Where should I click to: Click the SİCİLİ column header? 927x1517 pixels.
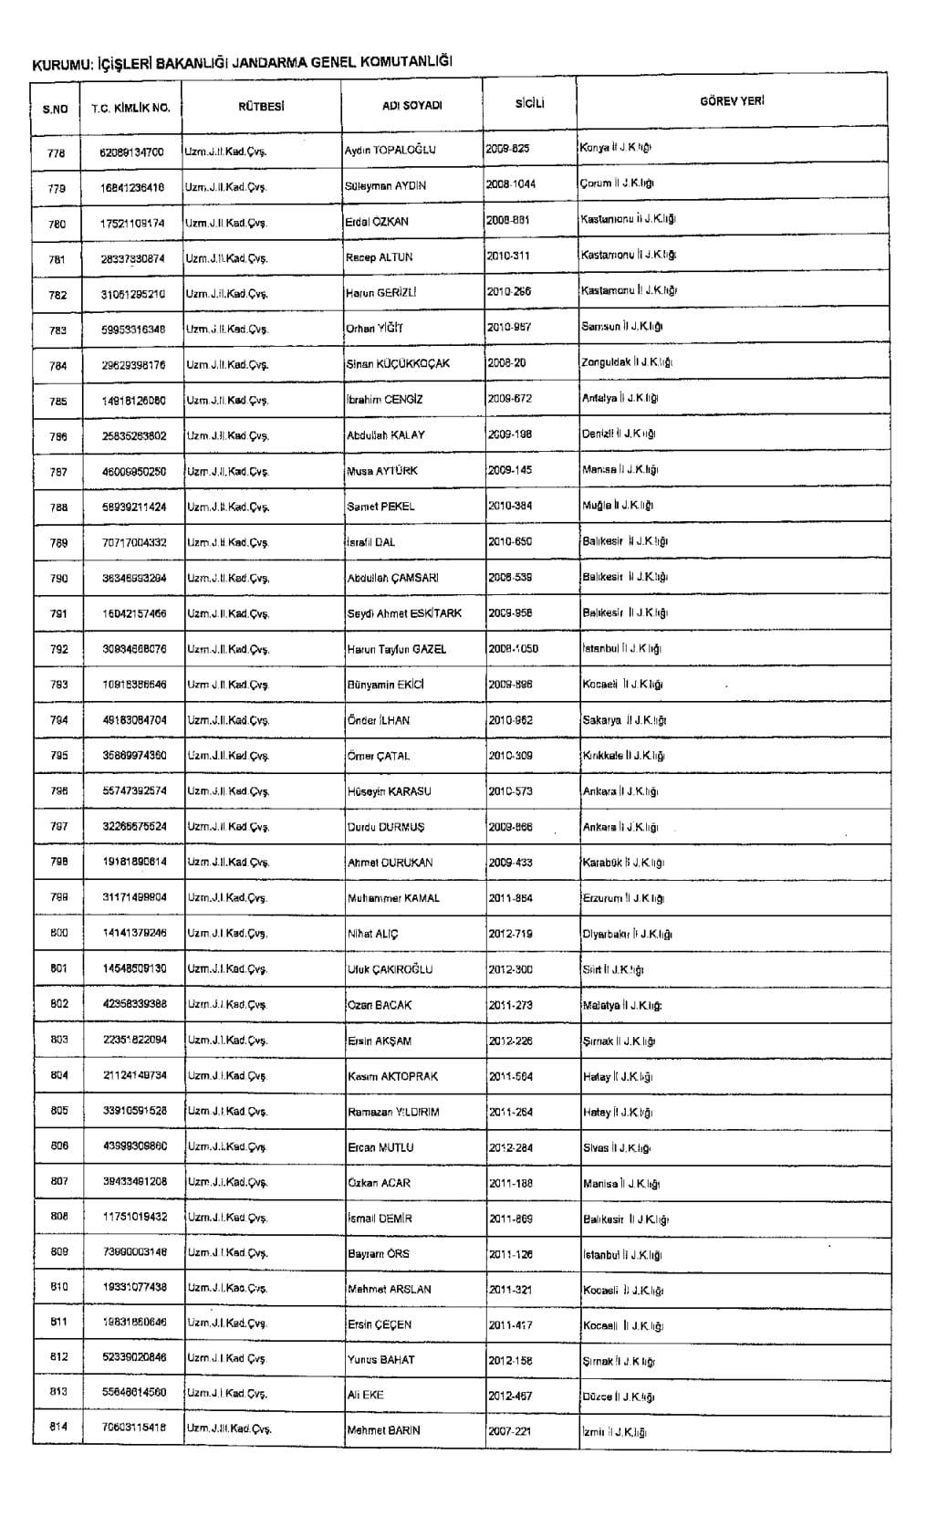529,103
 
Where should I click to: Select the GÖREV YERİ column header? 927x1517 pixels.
732,101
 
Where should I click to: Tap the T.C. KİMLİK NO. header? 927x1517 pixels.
130,108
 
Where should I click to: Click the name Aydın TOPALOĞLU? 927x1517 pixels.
390,150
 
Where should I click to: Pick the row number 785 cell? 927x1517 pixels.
57,401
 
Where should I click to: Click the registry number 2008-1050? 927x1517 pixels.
513,649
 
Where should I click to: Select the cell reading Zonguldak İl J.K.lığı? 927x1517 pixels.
627,362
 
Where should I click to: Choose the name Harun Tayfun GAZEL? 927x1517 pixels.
397,649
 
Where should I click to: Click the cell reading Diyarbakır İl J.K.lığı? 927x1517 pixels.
627,934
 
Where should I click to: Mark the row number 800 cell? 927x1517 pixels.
58,933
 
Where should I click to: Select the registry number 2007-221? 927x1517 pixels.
509,1431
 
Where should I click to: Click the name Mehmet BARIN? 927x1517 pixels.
383,1430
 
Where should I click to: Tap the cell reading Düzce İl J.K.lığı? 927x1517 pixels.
619,1397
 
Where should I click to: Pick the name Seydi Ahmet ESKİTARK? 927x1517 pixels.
404,613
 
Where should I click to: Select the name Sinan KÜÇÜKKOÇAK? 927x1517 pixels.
398,363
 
